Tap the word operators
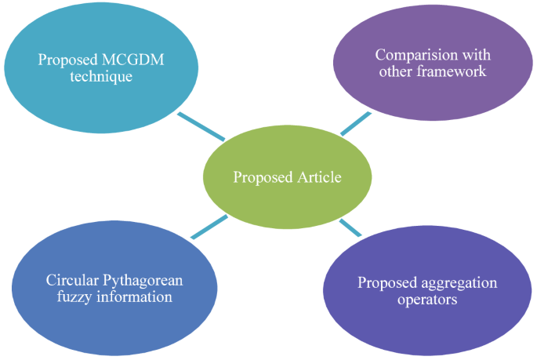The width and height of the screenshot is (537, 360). pyautogui.click(x=428, y=300)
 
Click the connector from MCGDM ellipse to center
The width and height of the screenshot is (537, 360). pyautogui.click(x=201, y=126)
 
